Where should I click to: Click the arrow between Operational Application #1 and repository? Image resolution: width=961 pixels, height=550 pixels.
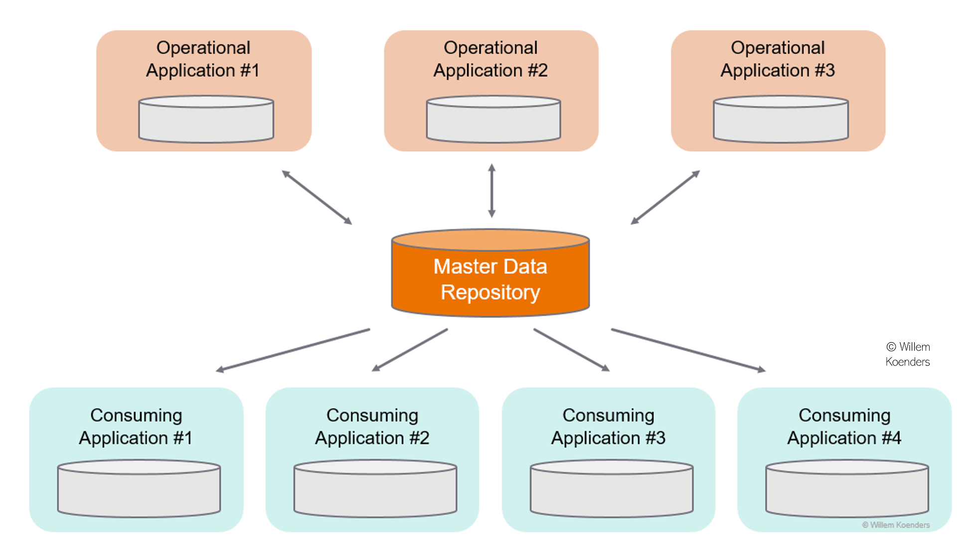point(317,197)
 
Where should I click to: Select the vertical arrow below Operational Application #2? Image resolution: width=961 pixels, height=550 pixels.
point(491,191)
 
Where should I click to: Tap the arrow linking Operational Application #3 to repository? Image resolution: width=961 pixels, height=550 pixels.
point(665,197)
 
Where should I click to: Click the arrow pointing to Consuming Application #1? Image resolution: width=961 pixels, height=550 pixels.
point(293,350)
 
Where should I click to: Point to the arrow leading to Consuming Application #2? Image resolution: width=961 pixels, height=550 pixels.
point(410,350)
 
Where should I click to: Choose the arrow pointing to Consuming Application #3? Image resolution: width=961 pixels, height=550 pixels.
point(572,350)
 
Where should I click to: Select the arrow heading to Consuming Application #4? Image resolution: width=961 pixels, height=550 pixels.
point(688,350)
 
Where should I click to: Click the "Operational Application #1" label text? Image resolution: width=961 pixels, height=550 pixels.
point(203,59)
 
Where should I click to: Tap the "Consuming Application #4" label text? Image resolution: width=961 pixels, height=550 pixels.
point(844,426)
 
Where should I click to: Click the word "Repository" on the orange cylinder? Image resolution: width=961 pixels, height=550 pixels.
point(490,292)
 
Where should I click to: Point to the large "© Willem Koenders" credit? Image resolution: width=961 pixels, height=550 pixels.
point(908,354)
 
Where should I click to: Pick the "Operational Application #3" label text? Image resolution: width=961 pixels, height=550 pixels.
point(778,59)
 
